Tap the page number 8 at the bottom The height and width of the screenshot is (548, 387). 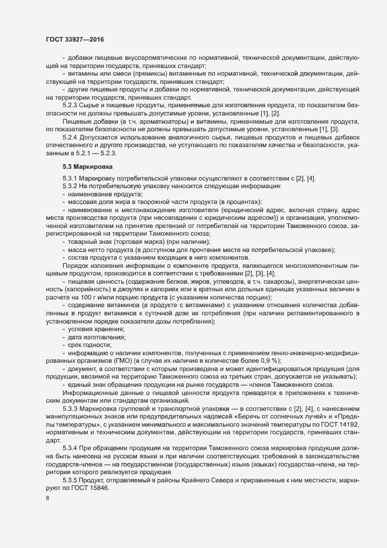pyautogui.click(x=47, y=499)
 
